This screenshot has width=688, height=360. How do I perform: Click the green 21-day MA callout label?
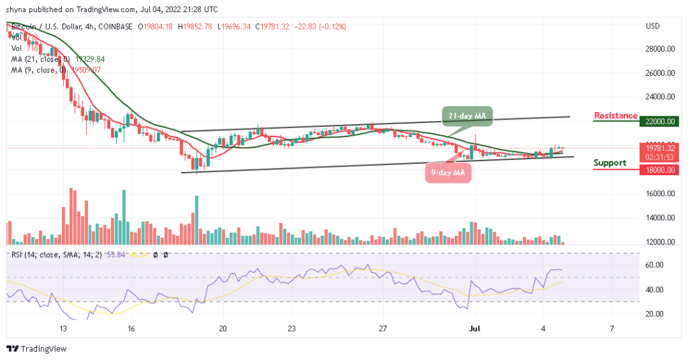click(468, 116)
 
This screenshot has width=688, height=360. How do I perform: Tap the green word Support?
click(610, 163)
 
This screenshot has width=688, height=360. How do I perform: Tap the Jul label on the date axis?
click(475, 329)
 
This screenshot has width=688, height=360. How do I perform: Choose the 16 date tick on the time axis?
click(132, 329)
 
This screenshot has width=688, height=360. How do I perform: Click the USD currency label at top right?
click(652, 26)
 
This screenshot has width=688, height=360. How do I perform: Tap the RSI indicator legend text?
click(54, 255)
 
